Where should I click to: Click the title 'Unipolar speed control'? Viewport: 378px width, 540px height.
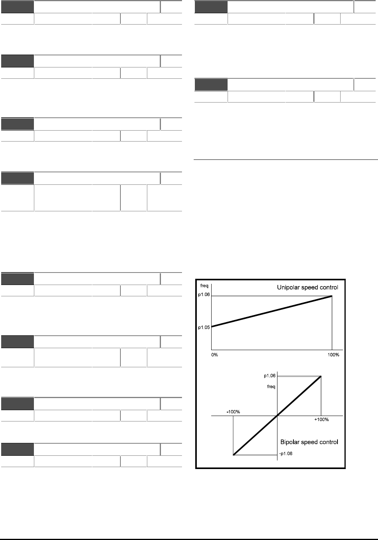(x=307, y=288)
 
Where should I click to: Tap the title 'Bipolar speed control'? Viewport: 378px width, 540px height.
(x=309, y=442)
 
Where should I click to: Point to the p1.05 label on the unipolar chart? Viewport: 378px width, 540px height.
(x=204, y=328)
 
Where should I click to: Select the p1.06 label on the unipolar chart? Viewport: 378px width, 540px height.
(x=204, y=295)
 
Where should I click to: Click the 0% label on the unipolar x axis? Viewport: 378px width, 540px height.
(x=215, y=355)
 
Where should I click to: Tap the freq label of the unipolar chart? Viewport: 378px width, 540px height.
(x=204, y=286)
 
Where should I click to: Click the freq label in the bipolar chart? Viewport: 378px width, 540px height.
(x=271, y=387)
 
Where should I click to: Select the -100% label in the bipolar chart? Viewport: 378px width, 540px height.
(x=233, y=412)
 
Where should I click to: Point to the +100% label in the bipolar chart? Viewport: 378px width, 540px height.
(x=321, y=420)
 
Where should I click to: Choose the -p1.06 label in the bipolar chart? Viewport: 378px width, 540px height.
(x=286, y=454)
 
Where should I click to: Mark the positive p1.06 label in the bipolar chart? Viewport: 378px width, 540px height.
(x=270, y=376)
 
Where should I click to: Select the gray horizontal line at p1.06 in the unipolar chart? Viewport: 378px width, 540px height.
(x=269, y=296)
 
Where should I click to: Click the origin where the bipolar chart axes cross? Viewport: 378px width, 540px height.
(x=277, y=416)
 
